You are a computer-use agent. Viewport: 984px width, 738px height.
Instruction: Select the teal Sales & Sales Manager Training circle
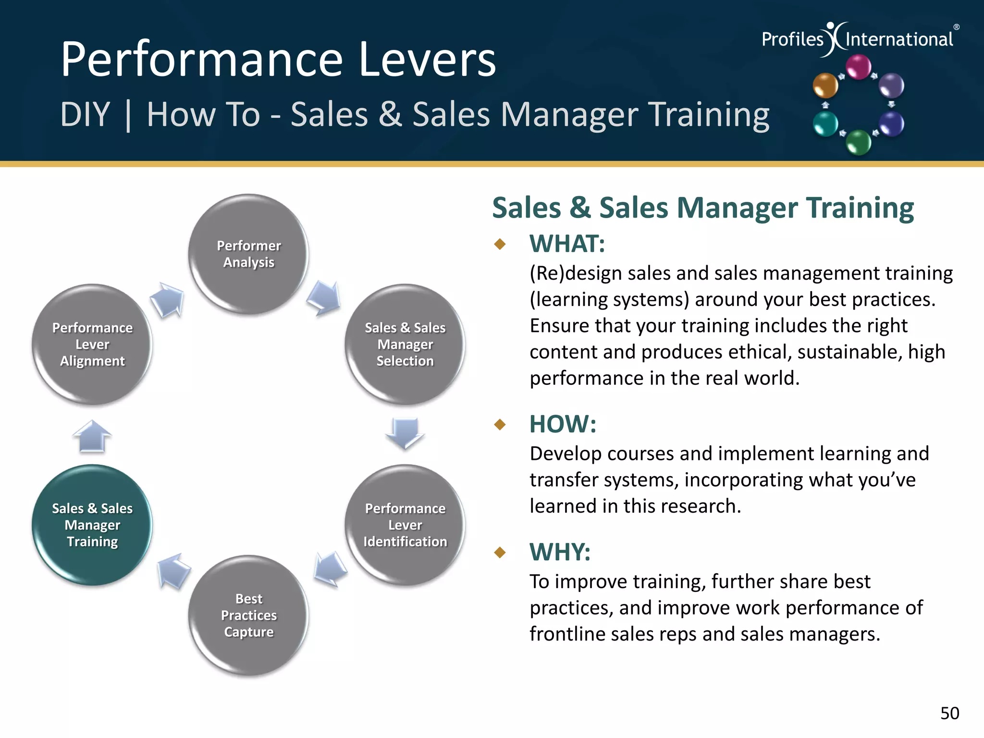92,525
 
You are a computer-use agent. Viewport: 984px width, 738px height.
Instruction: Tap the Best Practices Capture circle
248,615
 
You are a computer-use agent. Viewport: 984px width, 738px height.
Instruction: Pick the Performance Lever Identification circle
405,525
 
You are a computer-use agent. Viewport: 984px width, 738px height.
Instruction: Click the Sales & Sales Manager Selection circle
405,344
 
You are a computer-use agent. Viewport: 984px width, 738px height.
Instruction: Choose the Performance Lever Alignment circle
92,344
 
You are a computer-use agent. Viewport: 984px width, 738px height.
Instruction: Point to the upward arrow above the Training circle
92,436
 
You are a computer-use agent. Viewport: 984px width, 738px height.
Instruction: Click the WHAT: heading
567,244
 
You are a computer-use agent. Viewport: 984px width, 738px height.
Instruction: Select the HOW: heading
563,424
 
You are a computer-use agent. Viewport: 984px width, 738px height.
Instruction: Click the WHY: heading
560,552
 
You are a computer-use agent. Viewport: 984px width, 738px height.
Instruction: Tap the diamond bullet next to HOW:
500,424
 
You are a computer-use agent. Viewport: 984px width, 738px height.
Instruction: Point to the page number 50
949,713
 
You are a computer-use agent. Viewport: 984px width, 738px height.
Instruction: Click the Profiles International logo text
858,39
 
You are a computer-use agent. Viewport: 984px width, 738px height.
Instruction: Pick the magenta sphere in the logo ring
858,67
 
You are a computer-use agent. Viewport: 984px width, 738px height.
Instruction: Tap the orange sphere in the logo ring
825,86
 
